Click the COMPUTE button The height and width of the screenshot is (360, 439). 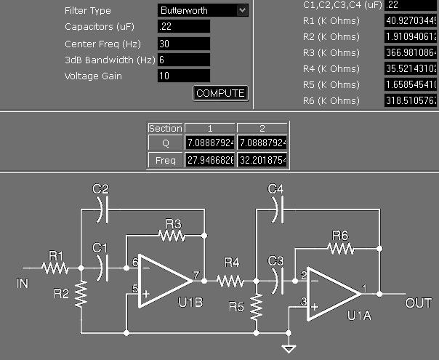click(x=221, y=93)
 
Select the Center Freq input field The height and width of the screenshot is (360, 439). click(x=183, y=43)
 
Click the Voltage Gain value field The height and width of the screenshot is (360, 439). click(x=183, y=76)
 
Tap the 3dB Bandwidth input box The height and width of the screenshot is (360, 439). click(x=183, y=60)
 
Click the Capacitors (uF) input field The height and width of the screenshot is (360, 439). click(x=183, y=26)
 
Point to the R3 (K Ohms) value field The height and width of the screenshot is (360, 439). click(x=411, y=52)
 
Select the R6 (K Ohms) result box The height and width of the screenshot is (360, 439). click(x=411, y=100)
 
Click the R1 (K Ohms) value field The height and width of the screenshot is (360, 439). click(x=411, y=20)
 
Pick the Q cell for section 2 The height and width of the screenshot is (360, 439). click(x=262, y=143)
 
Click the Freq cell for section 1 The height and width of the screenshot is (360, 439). click(x=210, y=159)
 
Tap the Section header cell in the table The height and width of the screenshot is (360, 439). click(x=165, y=128)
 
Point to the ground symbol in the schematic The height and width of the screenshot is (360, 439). click(x=290, y=344)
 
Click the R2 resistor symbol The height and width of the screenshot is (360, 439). click(x=81, y=295)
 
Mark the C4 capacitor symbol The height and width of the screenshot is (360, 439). click(x=275, y=209)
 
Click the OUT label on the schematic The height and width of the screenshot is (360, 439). click(x=419, y=303)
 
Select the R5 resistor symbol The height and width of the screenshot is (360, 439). click(x=256, y=308)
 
